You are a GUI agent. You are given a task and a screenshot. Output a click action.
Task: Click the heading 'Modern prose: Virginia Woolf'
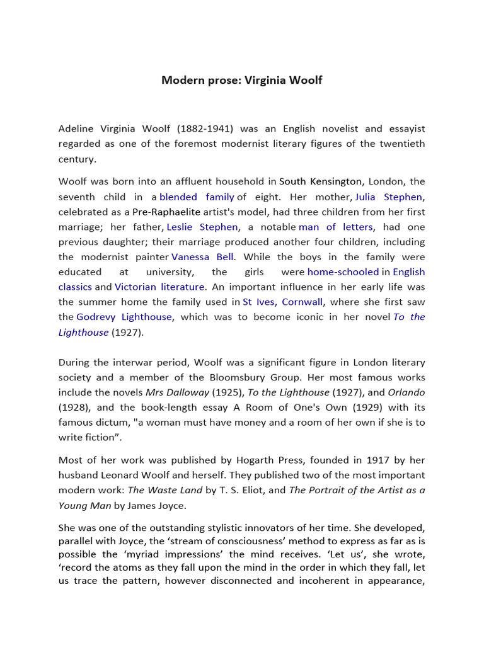point(241,80)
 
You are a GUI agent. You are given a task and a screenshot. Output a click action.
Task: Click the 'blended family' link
point(197,197)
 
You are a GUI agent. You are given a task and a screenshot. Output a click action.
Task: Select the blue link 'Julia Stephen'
point(388,197)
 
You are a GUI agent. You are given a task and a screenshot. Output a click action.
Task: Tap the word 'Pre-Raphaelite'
point(166,212)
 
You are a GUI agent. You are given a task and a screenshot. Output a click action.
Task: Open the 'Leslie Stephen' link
point(202,227)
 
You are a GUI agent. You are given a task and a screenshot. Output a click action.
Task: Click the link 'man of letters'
point(336,227)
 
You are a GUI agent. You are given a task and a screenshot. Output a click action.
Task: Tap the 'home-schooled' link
point(343,272)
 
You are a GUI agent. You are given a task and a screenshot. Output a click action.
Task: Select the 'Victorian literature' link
point(159,287)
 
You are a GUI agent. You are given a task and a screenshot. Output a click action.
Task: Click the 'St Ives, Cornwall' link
point(283,302)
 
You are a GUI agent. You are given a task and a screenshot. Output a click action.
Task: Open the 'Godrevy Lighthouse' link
point(124,317)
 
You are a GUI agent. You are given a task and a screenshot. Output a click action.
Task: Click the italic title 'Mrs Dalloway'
point(175,392)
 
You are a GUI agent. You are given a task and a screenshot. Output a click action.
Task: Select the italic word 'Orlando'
point(406,392)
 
